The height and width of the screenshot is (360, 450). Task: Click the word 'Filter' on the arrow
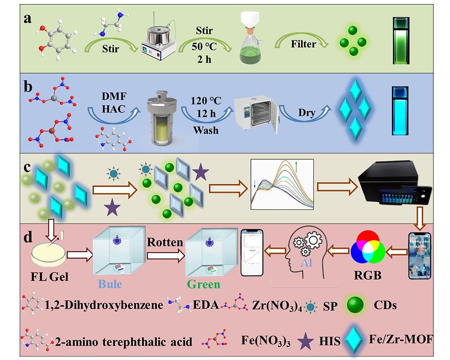coord(304,43)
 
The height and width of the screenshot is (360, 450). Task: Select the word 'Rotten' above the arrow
coord(165,243)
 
